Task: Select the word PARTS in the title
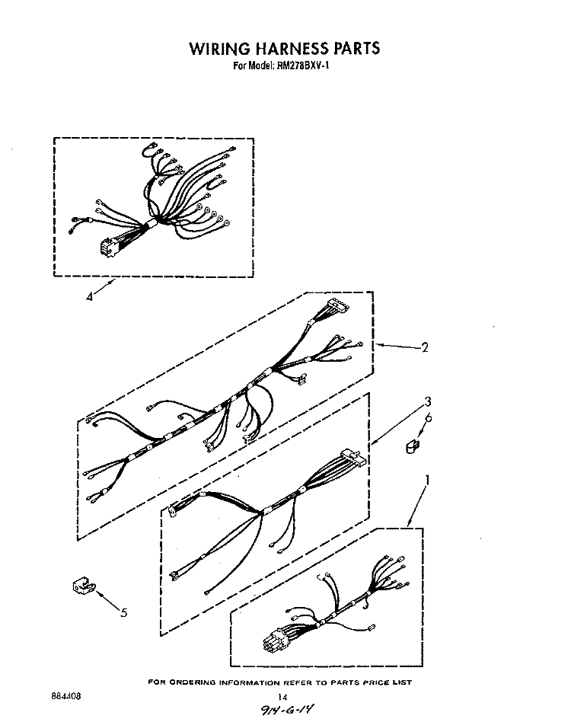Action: (356, 48)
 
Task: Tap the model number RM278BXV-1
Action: (303, 65)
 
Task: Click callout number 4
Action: (89, 297)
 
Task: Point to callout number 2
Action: (425, 347)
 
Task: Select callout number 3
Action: (428, 402)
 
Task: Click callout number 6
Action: (429, 418)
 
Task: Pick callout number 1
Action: (427, 481)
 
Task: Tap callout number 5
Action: (124, 612)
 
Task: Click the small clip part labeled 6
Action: (412, 446)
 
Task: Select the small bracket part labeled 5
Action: (83, 586)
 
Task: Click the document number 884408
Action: (66, 696)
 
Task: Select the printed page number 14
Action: (282, 697)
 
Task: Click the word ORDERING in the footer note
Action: (193, 682)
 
